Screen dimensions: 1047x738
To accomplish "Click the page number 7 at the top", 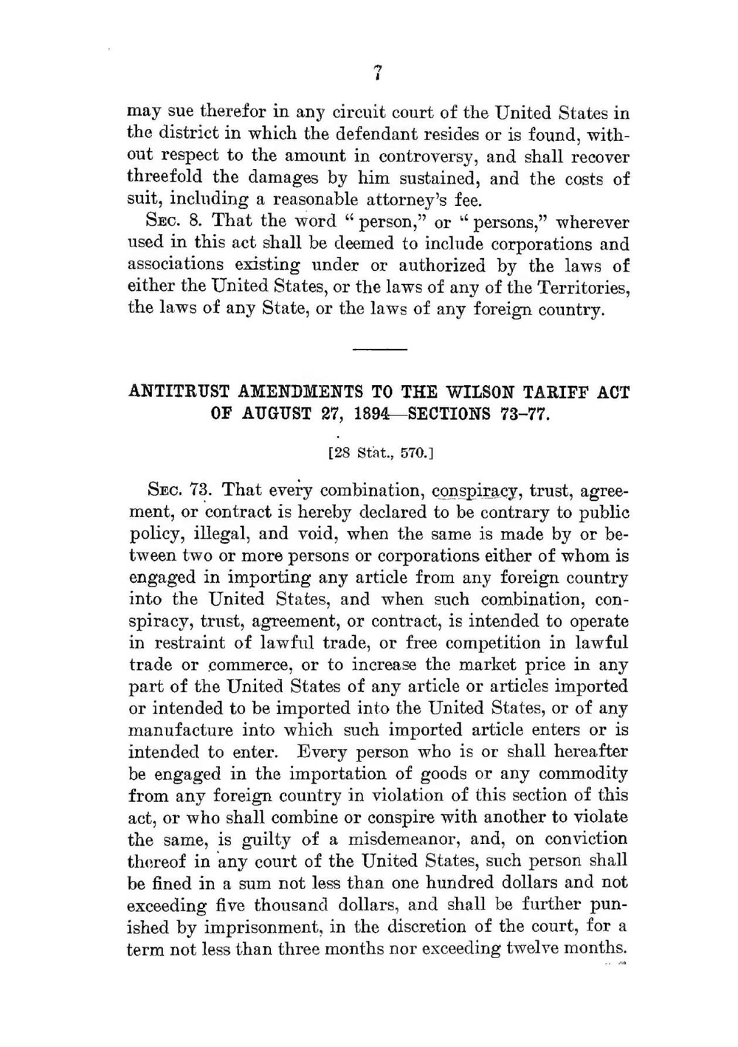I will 377,72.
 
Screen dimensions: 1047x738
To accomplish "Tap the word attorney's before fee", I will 400,200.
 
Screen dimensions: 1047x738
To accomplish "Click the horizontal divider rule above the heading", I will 379,348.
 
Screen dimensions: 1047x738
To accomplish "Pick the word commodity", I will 583,774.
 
